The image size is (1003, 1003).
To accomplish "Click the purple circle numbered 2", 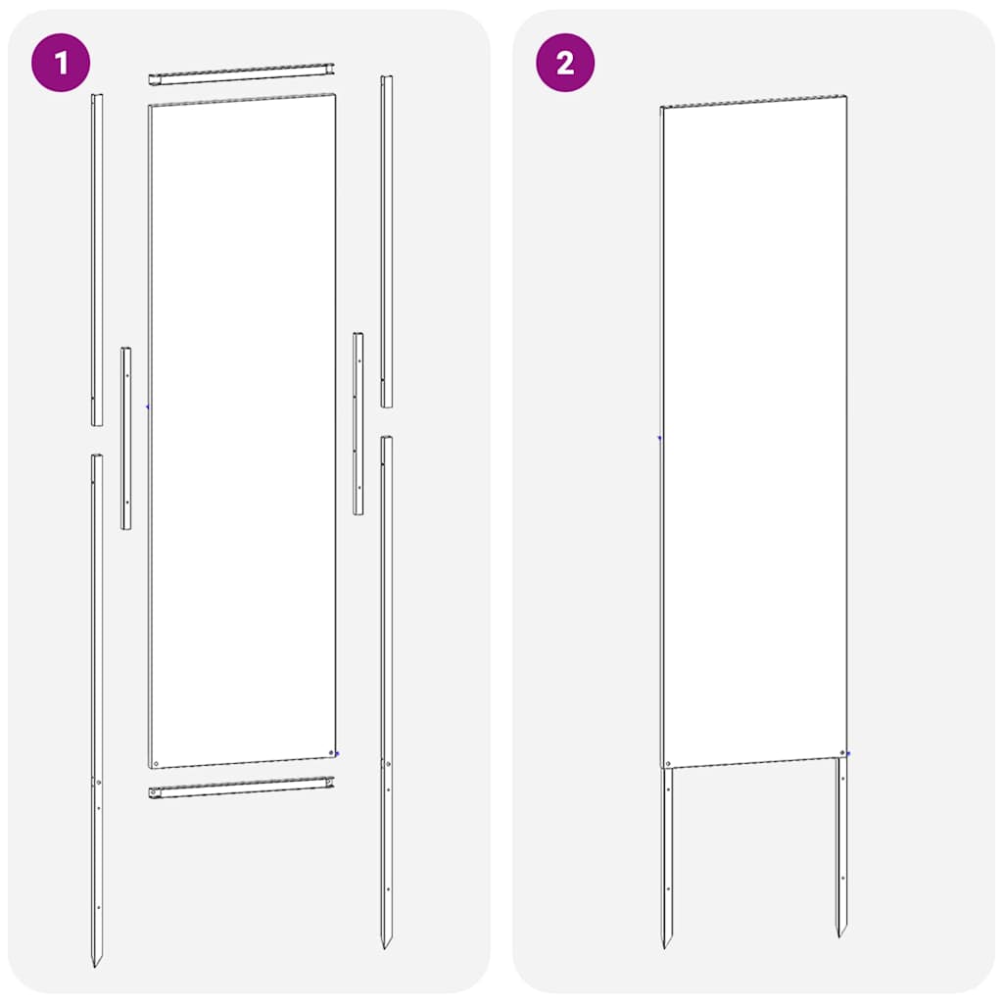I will click(x=565, y=65).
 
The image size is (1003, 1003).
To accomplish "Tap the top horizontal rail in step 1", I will click(x=241, y=74).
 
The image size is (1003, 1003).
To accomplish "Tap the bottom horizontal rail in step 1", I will click(x=241, y=787).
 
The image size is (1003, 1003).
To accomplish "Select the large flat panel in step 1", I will click(x=242, y=431).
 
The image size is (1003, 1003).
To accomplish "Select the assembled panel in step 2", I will click(x=753, y=431).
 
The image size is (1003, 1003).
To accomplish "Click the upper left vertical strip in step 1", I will click(x=97, y=260).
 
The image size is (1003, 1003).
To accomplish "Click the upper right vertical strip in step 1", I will click(x=387, y=240).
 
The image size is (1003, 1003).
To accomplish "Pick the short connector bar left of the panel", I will click(x=126, y=438).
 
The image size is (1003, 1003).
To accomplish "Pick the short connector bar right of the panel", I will click(x=358, y=423).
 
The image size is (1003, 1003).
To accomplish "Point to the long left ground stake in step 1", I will click(x=96, y=686).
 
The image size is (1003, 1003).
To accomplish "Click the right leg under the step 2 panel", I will click(x=841, y=842).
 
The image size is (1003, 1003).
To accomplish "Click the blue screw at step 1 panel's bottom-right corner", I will click(x=337, y=753).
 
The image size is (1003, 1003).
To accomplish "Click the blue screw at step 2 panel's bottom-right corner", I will click(x=848, y=753).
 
